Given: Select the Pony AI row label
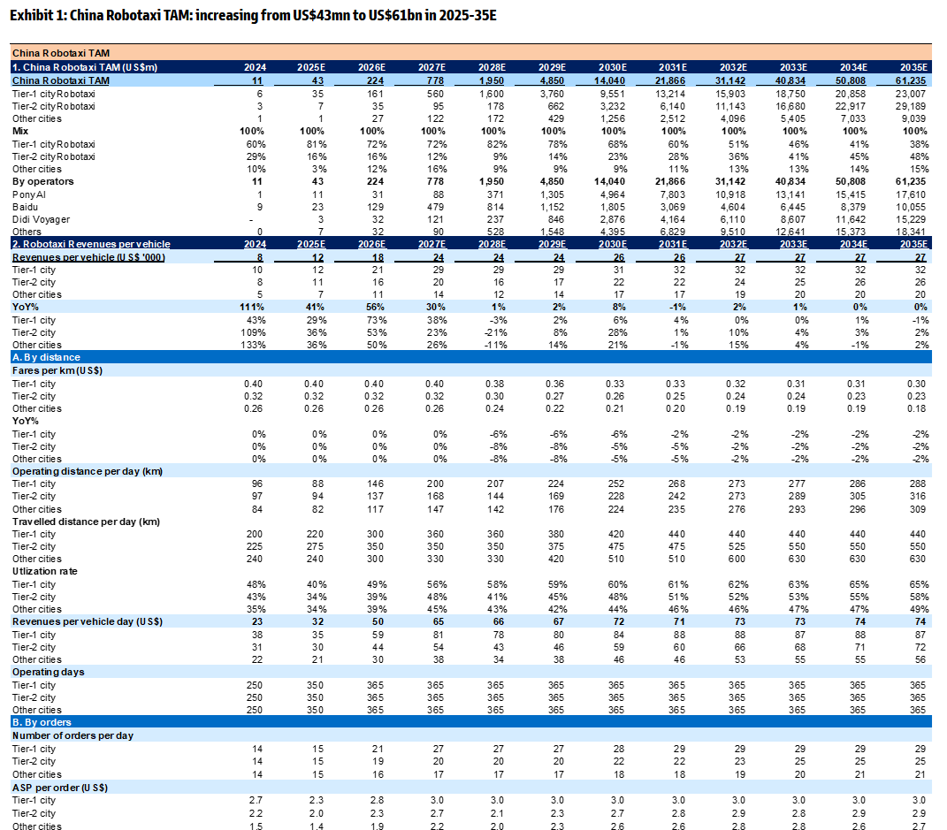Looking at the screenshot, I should tap(29, 194).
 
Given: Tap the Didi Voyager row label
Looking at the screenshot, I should tap(41, 218).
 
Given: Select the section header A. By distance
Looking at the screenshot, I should tap(46, 357).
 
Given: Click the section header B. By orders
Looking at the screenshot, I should tap(42, 722).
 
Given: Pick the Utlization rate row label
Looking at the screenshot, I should tap(44, 572).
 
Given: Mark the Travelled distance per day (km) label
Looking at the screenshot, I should tap(86, 522).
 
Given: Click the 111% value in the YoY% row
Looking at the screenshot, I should tap(253, 307).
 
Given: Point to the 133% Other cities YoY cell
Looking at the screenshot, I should tap(253, 345).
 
